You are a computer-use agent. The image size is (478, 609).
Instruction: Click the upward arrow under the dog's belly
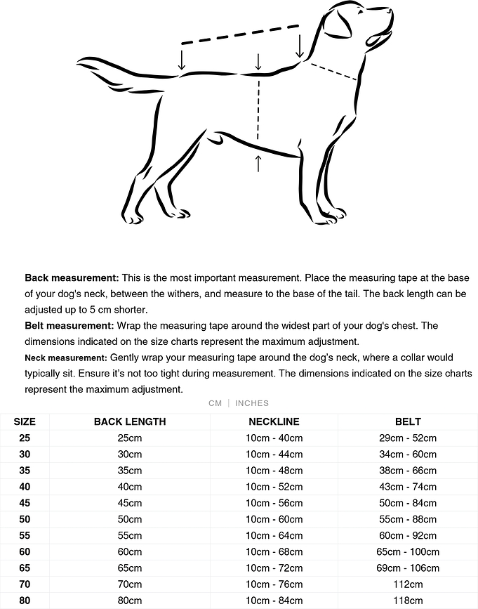[x=258, y=163]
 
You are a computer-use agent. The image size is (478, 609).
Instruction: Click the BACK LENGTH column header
[x=130, y=421]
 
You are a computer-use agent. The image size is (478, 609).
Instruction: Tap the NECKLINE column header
[x=274, y=421]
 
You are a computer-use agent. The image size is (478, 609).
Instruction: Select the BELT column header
[x=408, y=421]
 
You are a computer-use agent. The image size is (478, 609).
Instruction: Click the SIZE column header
[x=25, y=421]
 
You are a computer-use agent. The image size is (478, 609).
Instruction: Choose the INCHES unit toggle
[x=252, y=403]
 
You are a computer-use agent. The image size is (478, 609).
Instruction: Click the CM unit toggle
[x=215, y=403]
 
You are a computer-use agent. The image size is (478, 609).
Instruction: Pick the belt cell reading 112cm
[x=408, y=584]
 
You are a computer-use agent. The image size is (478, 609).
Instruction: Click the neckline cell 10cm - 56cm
[x=274, y=503]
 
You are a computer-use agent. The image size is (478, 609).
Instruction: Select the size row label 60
[x=25, y=552]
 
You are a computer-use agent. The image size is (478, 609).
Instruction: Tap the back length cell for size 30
[x=130, y=454]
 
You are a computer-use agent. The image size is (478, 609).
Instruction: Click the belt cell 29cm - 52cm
[x=408, y=438]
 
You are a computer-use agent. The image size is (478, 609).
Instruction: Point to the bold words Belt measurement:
[x=69, y=326]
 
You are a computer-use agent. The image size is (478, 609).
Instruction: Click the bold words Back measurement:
[x=72, y=278]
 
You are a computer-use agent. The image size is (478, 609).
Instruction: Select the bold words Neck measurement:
[x=66, y=358]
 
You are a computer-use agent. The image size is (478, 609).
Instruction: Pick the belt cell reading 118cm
[x=408, y=601]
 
